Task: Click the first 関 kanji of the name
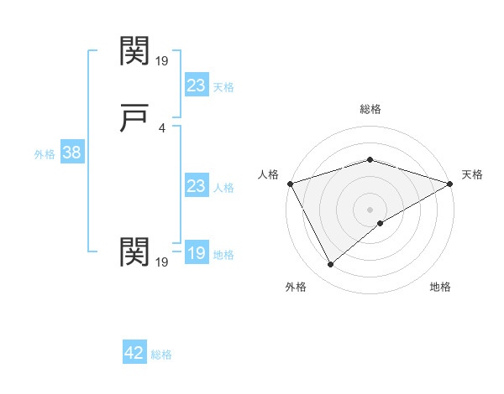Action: [x=135, y=51]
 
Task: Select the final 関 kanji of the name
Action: [x=135, y=251]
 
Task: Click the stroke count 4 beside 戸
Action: [x=161, y=128]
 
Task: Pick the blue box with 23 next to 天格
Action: [x=196, y=86]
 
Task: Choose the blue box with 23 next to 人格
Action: [x=196, y=186]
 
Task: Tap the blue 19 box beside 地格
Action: [x=196, y=253]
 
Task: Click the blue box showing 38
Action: [x=71, y=153]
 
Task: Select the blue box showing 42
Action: [x=134, y=353]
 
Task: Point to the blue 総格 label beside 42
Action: [x=161, y=355]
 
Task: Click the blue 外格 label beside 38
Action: [x=45, y=154]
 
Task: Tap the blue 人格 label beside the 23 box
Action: [x=223, y=188]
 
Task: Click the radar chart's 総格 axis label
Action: [x=370, y=109]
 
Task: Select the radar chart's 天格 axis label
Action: [x=473, y=174]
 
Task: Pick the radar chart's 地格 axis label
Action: [x=440, y=287]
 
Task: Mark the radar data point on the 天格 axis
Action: [x=450, y=183]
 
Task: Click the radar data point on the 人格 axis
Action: [x=290, y=183]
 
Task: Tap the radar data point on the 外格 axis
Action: [x=330, y=265]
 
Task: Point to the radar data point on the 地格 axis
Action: [x=381, y=223]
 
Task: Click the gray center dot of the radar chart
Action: [x=370, y=209]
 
